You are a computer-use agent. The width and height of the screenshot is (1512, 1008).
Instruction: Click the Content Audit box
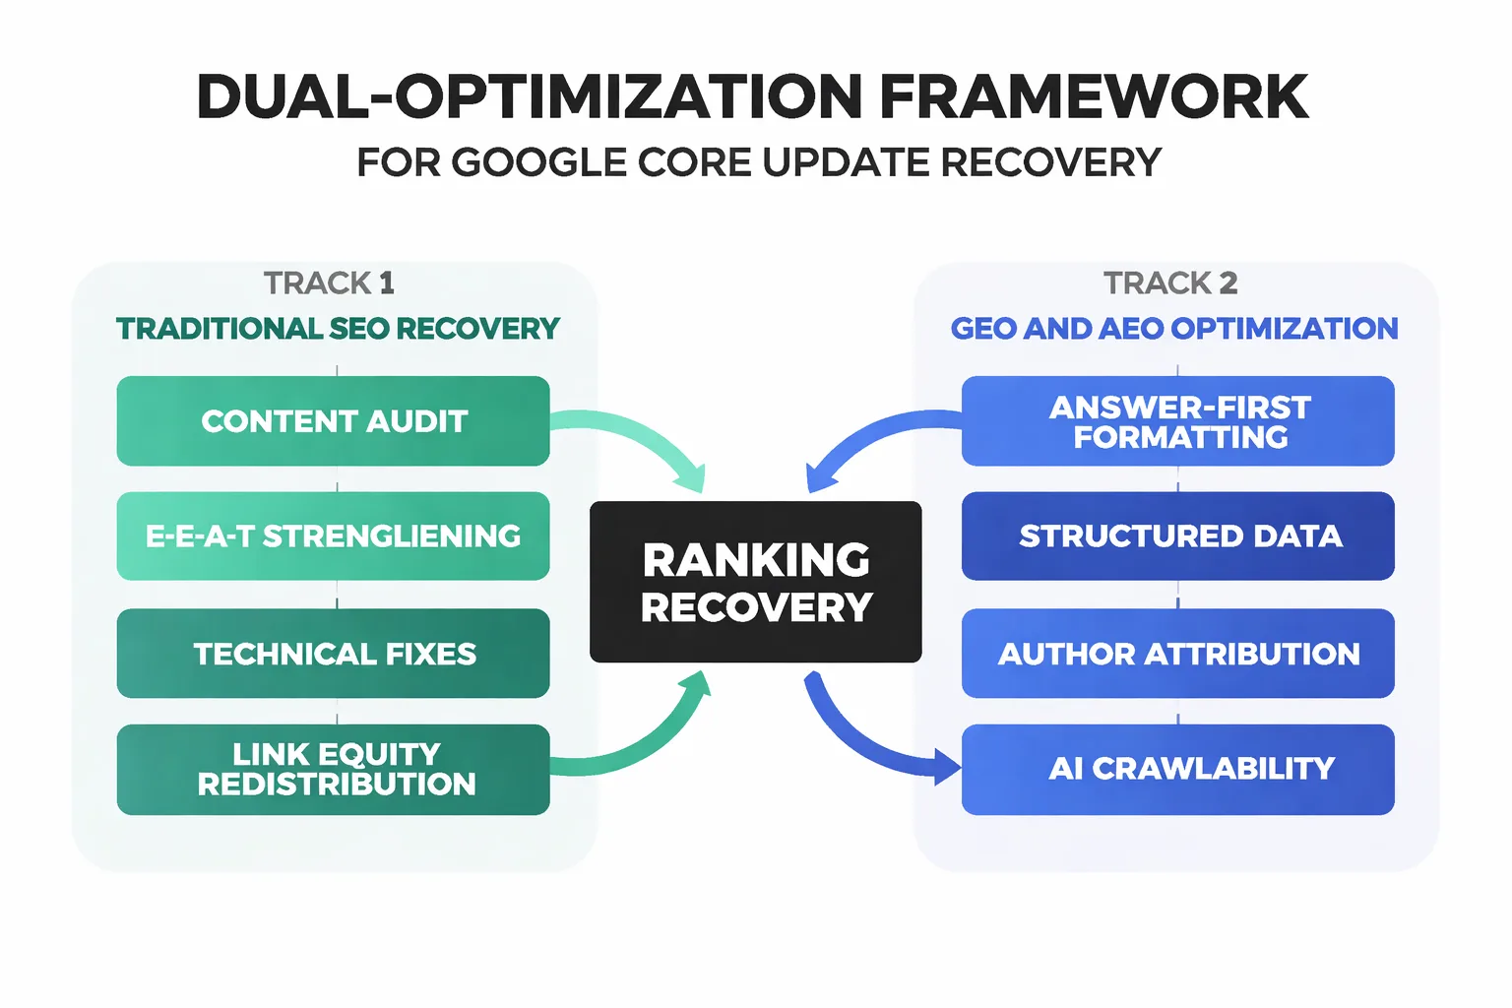333,421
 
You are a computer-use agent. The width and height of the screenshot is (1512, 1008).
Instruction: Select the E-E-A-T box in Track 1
333,536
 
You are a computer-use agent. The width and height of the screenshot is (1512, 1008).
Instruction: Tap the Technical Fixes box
333,654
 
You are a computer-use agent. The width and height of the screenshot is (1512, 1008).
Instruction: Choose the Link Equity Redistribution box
333,770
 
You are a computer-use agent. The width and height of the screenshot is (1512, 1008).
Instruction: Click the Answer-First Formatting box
1177,421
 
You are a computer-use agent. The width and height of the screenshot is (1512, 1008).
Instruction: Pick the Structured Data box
1177,536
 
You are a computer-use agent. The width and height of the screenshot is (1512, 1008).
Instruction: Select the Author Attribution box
1177,654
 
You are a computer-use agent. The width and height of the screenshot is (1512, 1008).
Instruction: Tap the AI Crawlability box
1177,770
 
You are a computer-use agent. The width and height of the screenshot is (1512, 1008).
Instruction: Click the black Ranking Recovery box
755,582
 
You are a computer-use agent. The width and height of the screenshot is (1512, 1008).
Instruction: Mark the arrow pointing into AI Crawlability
866,743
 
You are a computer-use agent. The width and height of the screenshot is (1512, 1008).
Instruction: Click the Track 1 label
329,283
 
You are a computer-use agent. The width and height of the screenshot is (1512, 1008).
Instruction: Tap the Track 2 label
1169,283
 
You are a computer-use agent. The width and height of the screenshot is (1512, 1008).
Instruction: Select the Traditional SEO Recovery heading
338,329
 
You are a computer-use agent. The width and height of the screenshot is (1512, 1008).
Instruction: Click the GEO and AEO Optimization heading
1173,329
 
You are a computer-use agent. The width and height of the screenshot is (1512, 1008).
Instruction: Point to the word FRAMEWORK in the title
1093,96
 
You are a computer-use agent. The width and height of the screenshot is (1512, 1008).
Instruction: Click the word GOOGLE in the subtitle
538,162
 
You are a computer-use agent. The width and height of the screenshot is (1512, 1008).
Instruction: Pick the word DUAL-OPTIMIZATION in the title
530,96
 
